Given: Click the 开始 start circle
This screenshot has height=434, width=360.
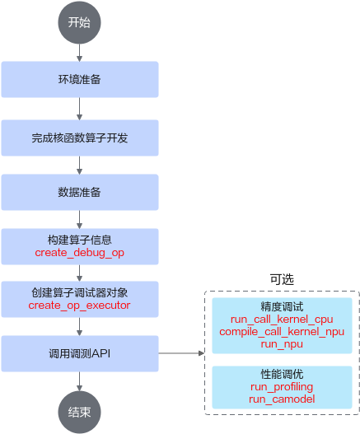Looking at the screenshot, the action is pyautogui.click(x=79, y=22).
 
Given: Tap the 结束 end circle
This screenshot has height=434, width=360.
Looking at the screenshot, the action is pyautogui.click(x=79, y=412).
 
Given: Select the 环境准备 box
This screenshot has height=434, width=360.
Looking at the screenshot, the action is pyautogui.click(x=80, y=79).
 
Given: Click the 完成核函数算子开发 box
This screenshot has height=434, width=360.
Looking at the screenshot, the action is pyautogui.click(x=80, y=138).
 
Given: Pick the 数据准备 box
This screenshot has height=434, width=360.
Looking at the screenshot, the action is pyautogui.click(x=80, y=192).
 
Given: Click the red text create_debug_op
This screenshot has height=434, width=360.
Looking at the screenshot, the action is pyautogui.click(x=79, y=253).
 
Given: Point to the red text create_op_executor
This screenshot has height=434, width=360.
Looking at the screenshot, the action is pyautogui.click(x=79, y=306).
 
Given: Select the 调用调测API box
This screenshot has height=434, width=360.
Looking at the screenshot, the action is pyautogui.click(x=80, y=353).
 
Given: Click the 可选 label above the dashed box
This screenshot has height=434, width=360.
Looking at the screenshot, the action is pyautogui.click(x=282, y=279).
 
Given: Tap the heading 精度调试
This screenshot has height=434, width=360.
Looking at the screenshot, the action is pyautogui.click(x=282, y=306).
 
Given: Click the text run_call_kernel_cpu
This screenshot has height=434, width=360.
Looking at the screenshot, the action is pyautogui.click(x=282, y=320).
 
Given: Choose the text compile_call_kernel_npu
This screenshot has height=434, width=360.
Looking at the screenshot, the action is pyautogui.click(x=282, y=332).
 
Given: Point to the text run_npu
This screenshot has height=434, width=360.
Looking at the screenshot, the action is pyautogui.click(x=282, y=344).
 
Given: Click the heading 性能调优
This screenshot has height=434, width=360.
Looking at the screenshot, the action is pyautogui.click(x=282, y=374).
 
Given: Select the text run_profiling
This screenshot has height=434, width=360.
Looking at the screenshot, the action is pyautogui.click(x=282, y=387).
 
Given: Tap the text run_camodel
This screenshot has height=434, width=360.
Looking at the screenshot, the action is pyautogui.click(x=282, y=399).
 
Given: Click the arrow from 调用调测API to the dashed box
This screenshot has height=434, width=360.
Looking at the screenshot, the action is pyautogui.click(x=181, y=353).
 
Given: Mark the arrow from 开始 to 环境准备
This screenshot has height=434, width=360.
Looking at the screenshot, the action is pyautogui.click(x=79, y=53).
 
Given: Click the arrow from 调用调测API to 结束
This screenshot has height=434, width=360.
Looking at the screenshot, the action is pyautogui.click(x=79, y=381).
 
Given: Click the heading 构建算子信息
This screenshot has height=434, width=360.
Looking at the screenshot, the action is pyautogui.click(x=80, y=240).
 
